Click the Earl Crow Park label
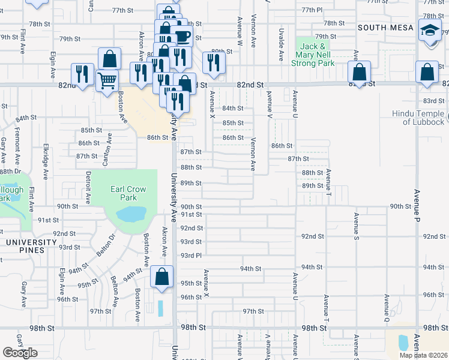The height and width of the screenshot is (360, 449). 128,193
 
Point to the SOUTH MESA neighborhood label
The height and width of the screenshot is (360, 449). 385,28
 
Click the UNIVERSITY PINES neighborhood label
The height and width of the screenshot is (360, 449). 31,242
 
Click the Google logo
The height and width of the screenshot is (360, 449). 20,353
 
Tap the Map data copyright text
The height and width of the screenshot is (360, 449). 423,355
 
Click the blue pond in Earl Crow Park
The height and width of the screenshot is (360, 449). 131,214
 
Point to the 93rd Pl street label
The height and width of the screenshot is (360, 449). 191,256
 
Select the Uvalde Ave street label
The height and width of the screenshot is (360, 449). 281,44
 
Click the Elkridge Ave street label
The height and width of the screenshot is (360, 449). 45,161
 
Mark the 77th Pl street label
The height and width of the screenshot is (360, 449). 312,10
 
